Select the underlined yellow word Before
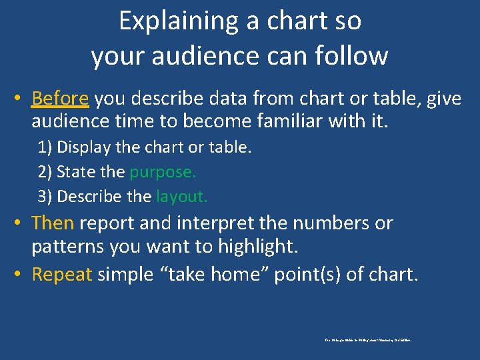coord(60,99)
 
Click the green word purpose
coord(163,172)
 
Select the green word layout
coord(182,197)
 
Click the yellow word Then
coord(52,223)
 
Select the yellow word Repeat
coord(61,274)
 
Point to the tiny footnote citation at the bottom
coord(368,340)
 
